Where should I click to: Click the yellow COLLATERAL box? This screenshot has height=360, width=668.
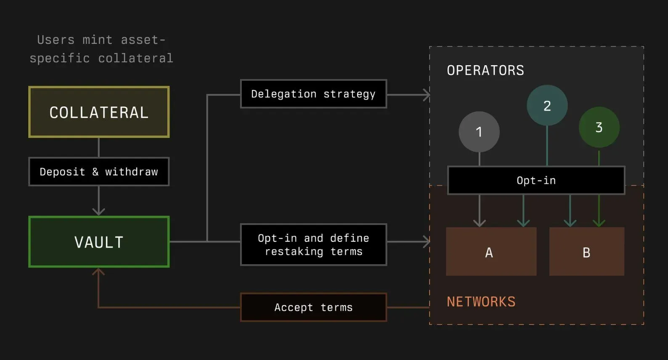(x=99, y=112)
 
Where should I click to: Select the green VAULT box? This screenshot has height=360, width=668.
(x=99, y=241)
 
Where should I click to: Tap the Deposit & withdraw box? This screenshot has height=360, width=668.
(x=99, y=172)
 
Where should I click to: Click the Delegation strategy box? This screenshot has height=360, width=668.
(x=313, y=94)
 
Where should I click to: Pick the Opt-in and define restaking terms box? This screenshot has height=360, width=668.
(x=313, y=245)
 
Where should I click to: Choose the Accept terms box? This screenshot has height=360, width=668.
(x=313, y=307)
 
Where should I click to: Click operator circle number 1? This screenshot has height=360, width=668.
(x=479, y=132)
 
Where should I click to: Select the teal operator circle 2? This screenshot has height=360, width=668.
(x=547, y=105)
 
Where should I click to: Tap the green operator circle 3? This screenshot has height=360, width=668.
(x=599, y=127)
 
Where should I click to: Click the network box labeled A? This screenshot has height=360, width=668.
(x=491, y=251)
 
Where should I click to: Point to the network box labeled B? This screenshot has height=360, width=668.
(x=586, y=251)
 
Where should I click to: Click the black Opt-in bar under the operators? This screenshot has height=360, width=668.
(x=536, y=180)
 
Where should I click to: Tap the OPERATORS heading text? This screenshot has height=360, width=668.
(x=485, y=71)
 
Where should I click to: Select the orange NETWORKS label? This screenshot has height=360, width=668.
(x=481, y=302)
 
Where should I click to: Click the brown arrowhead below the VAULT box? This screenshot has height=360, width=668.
(x=98, y=272)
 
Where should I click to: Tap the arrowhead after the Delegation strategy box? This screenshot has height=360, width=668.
(x=427, y=95)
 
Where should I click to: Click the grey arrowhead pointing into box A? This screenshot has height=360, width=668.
(x=479, y=223)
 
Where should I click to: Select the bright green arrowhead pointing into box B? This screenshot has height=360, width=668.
(x=599, y=223)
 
